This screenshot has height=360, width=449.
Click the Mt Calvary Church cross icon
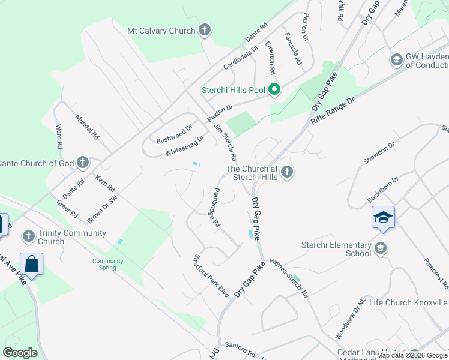[x=205, y=31]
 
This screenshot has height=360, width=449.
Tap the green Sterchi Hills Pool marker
[x=274, y=90]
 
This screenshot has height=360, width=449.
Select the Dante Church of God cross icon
[x=82, y=163]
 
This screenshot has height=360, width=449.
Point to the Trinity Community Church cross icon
[x=28, y=237]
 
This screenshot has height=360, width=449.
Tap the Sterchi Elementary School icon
[x=380, y=248]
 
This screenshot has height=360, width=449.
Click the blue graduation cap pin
[x=383, y=217]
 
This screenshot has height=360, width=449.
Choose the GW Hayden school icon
[x=396, y=60]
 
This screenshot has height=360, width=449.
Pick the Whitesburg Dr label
[x=185, y=145]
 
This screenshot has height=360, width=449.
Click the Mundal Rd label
[x=86, y=127]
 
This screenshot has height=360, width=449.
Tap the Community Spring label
[x=108, y=264]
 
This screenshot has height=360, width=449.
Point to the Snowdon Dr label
[x=379, y=154]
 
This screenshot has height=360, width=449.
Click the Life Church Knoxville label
[x=408, y=302]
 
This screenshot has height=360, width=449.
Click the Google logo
[x=20, y=353]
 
